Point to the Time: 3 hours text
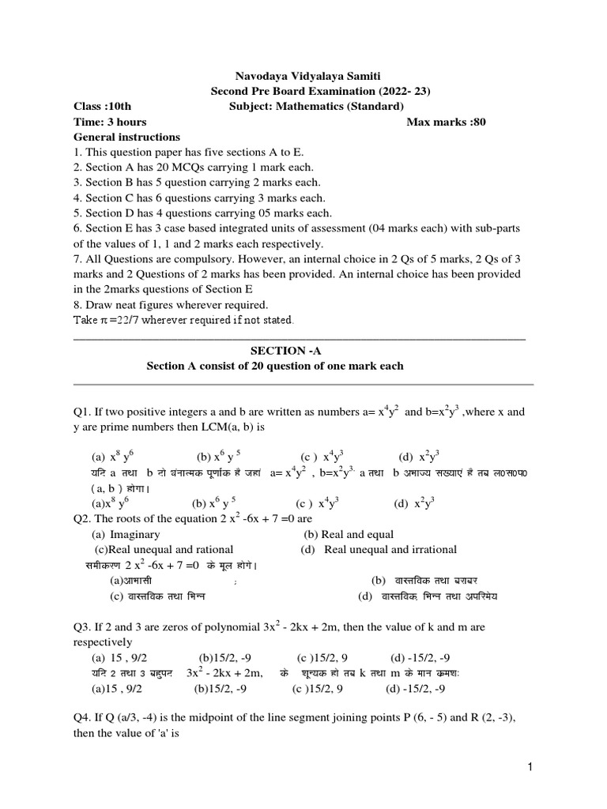pyautogui.click(x=110, y=122)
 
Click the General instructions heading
pyautogui.click(x=126, y=137)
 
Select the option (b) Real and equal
pyautogui.click(x=348, y=534)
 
